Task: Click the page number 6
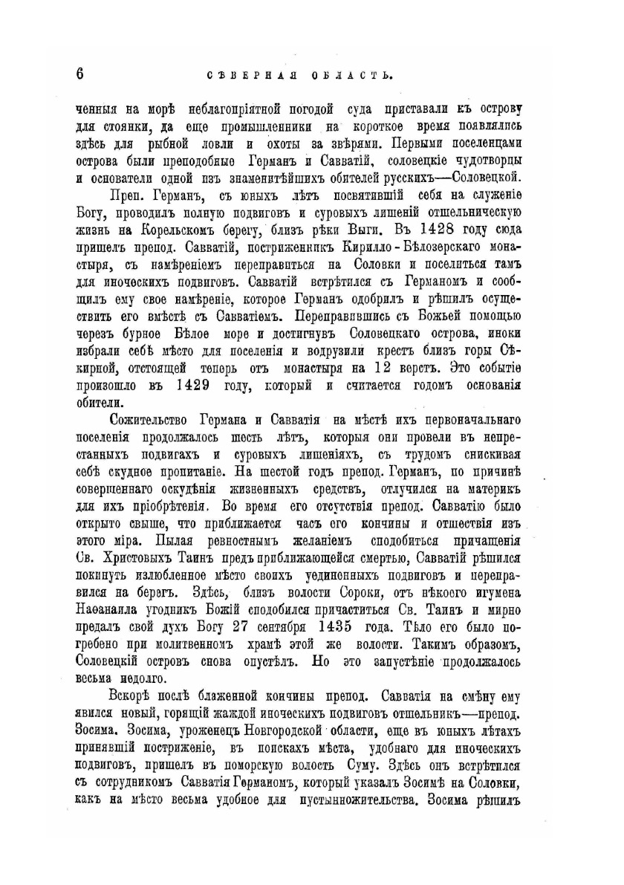click(80, 73)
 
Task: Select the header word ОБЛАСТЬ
click(349, 74)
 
